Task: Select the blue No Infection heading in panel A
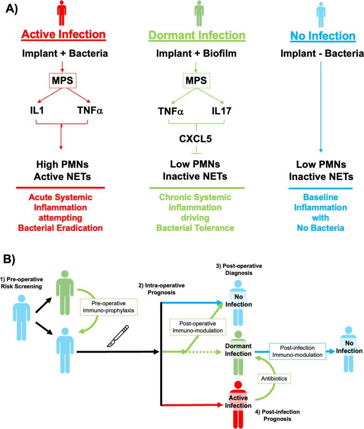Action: coord(320,36)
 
